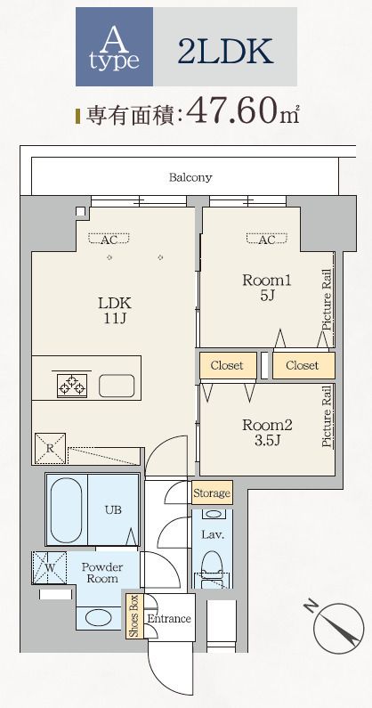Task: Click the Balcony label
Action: pyautogui.click(x=190, y=177)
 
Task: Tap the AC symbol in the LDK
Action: pyautogui.click(x=109, y=239)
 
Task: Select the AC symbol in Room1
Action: pyautogui.click(x=267, y=239)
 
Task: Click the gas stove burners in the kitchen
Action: pyautogui.click(x=72, y=386)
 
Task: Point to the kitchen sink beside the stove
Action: pyautogui.click(x=117, y=386)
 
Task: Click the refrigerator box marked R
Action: pyautogui.click(x=50, y=448)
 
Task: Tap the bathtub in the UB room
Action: pyautogui.click(x=67, y=509)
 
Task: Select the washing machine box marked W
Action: pyautogui.click(x=49, y=567)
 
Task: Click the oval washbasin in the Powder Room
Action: pyautogui.click(x=99, y=618)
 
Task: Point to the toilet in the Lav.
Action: pyautogui.click(x=212, y=562)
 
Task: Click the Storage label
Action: pyautogui.click(x=212, y=492)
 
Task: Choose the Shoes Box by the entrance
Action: pyautogui.click(x=134, y=616)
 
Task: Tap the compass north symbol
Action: pyautogui.click(x=338, y=629)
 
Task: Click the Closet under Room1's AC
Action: pyautogui.click(x=227, y=365)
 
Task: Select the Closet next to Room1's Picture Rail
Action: pyautogui.click(x=303, y=365)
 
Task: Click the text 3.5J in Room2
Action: pyautogui.click(x=267, y=440)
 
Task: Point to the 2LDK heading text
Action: pyautogui.click(x=225, y=51)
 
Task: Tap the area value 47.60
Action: pyautogui.click(x=233, y=110)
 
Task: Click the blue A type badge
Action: pyautogui.click(x=114, y=46)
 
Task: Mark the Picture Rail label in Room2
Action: pyautogui.click(x=328, y=421)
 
